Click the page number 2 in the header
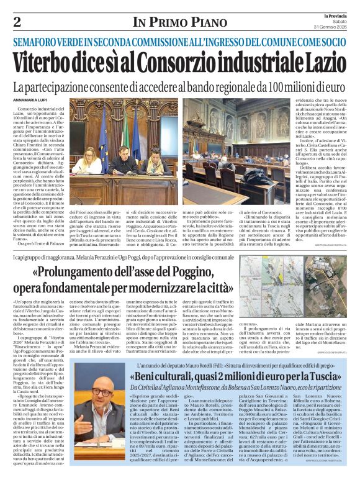coord(17,22)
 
